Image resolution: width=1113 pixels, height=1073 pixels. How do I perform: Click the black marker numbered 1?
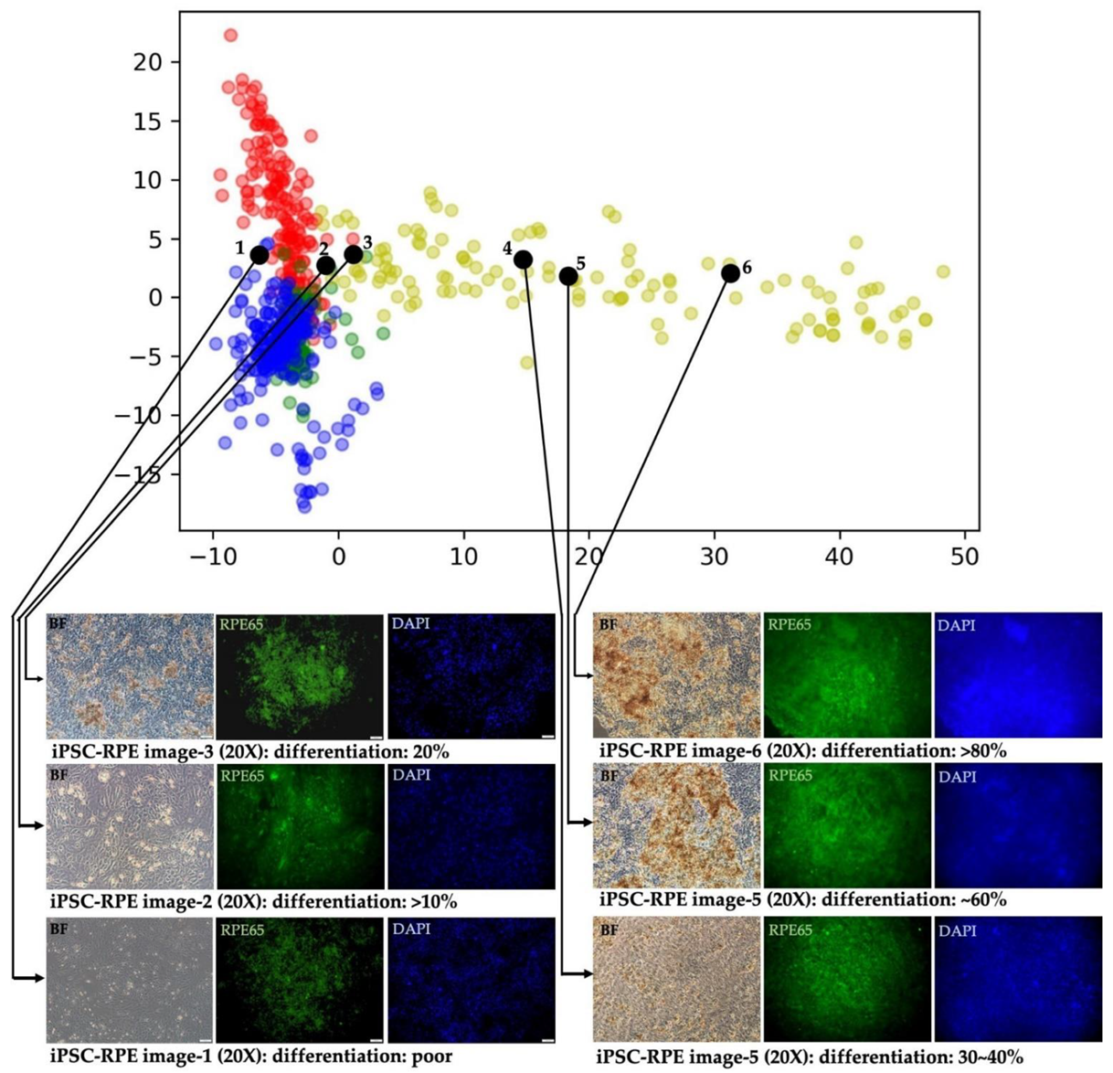(x=260, y=255)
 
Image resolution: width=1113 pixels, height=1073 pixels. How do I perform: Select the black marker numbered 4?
(x=523, y=260)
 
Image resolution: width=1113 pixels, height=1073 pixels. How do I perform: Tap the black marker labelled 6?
(x=730, y=273)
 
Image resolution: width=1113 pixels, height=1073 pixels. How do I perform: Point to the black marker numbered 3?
(x=354, y=254)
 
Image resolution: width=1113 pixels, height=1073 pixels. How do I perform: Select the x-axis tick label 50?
(x=965, y=556)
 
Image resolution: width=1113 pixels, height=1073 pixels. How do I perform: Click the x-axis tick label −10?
(x=212, y=556)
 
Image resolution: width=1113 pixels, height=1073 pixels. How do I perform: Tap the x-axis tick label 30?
(x=715, y=556)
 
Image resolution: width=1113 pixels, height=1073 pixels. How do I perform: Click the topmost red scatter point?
(x=230, y=36)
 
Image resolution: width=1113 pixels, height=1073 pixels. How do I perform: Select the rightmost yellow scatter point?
(x=943, y=271)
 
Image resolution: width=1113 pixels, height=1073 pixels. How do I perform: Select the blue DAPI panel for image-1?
(x=472, y=980)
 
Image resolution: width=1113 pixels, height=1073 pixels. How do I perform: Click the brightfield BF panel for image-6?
(x=676, y=675)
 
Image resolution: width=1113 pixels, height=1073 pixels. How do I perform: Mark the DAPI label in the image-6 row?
(x=957, y=626)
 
